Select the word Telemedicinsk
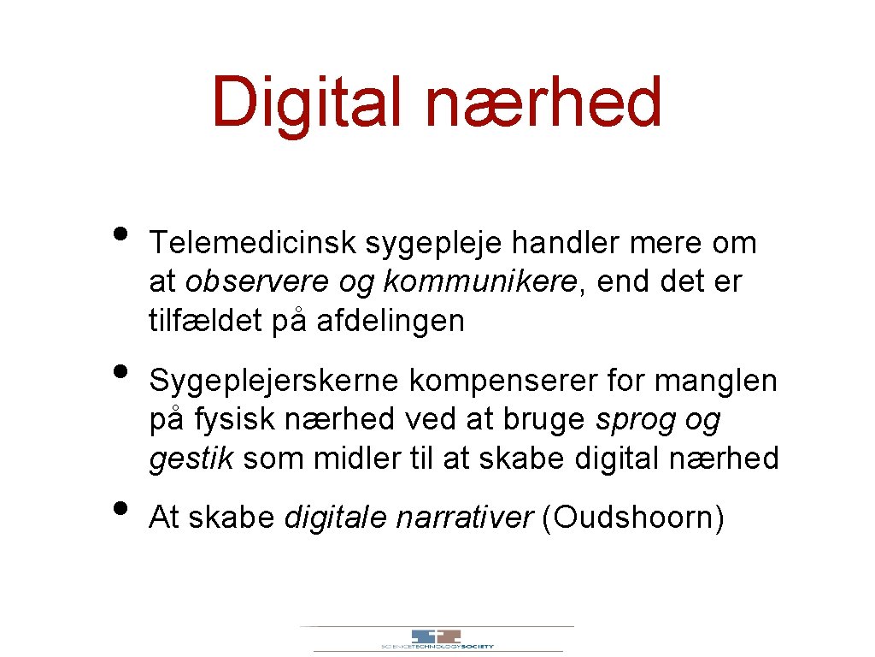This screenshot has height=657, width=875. tap(252, 243)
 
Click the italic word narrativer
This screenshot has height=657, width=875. tap(465, 518)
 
